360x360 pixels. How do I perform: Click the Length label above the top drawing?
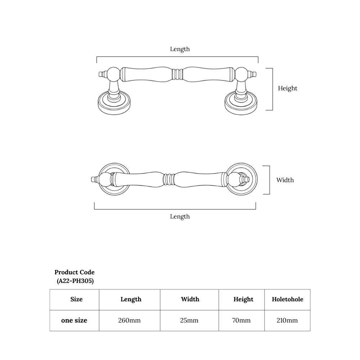tap(180, 49)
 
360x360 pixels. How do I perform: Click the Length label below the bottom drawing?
tap(180, 216)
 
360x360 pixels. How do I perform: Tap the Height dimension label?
tap(287, 88)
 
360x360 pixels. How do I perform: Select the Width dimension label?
tap(285, 180)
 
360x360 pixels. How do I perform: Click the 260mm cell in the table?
tap(129, 320)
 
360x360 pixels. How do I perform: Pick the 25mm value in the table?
tap(189, 320)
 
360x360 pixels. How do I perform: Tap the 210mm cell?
tap(287, 320)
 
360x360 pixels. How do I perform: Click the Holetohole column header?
tap(287, 299)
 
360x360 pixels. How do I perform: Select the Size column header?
tap(76, 299)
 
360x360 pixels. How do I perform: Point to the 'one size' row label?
tap(74, 320)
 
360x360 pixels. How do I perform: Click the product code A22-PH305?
tap(75, 281)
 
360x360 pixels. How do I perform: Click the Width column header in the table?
tap(190, 299)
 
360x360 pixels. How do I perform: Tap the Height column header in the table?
tap(243, 299)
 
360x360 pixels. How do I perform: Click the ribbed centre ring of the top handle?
tap(177, 74)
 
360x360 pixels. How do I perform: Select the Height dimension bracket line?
tap(272, 89)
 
